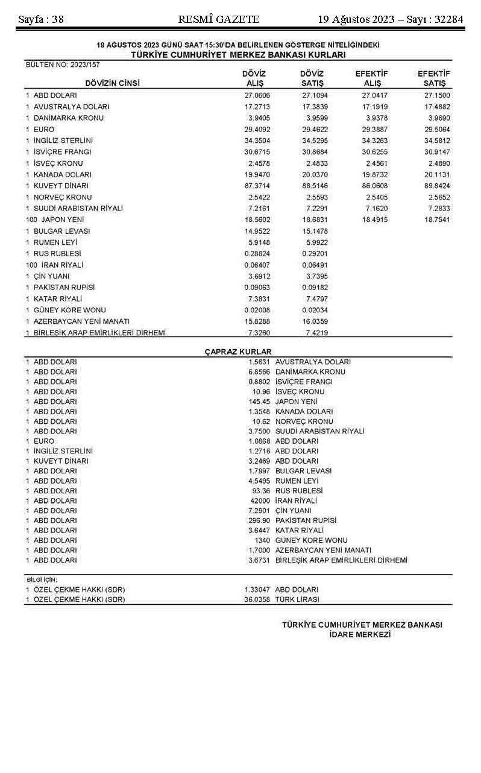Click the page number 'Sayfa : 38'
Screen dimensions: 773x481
tap(41, 19)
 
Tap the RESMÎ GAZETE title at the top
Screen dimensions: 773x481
tap(219, 19)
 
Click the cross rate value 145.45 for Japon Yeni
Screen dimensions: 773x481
tap(259, 402)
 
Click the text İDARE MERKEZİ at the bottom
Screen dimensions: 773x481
tap(362, 635)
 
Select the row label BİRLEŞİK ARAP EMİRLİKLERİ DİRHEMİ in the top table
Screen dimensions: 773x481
tap(99, 333)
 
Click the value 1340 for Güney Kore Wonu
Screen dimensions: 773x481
tap(262, 540)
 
